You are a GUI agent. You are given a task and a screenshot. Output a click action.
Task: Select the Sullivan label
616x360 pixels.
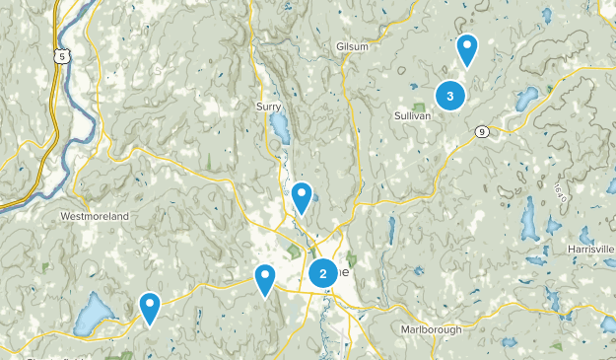tap(411, 115)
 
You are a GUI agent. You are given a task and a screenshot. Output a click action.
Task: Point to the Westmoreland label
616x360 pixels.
tap(95, 216)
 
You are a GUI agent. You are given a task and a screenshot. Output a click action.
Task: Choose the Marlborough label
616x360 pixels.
tap(431, 328)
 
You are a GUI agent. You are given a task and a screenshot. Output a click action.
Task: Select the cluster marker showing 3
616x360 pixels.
tap(450, 96)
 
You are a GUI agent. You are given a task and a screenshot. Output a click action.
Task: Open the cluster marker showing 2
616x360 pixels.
tap(323, 274)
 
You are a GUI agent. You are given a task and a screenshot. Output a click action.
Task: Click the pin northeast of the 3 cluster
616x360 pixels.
tap(467, 48)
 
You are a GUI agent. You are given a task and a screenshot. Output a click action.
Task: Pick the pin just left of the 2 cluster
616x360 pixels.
tap(264, 279)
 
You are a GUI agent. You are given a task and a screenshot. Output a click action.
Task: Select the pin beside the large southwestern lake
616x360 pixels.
tap(150, 308)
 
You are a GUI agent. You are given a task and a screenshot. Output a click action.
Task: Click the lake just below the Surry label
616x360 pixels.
tap(280, 127)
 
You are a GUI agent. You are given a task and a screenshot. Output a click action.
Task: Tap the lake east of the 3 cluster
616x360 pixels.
tap(528, 98)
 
